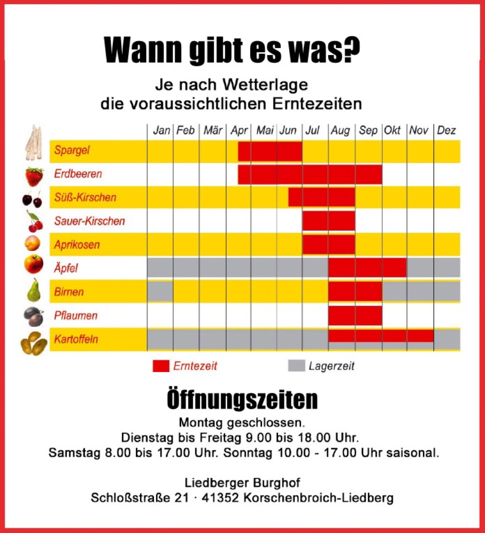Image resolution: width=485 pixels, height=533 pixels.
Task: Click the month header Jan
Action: (x=162, y=130)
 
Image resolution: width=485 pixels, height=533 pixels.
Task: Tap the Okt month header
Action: (x=392, y=130)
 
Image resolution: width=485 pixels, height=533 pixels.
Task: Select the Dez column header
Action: (x=446, y=130)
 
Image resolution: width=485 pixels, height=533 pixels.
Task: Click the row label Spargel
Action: (x=72, y=150)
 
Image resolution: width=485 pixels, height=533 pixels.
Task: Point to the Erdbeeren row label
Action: (x=78, y=174)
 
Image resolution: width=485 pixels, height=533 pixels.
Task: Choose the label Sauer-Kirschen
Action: (x=90, y=221)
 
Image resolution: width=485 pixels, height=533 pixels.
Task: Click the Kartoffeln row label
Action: (x=76, y=339)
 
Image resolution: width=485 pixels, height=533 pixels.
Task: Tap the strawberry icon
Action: (x=34, y=176)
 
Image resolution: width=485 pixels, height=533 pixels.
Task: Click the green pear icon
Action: (x=34, y=291)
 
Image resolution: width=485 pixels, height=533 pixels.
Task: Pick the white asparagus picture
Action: (x=34, y=143)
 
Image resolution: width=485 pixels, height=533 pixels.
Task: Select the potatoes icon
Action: (x=34, y=343)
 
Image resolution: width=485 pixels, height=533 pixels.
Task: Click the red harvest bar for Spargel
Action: (x=270, y=151)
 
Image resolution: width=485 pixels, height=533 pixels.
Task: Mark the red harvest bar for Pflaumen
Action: (x=355, y=315)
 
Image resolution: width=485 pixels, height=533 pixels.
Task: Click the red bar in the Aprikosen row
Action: (x=329, y=244)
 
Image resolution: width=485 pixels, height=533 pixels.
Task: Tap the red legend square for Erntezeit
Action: (x=161, y=366)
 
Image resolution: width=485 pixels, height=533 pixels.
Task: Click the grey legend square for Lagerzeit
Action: (x=296, y=366)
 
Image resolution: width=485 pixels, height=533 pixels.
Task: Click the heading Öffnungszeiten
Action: (x=242, y=399)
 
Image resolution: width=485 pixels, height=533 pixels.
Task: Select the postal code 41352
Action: (x=220, y=498)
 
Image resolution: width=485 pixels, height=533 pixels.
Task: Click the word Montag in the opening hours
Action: (x=201, y=423)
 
